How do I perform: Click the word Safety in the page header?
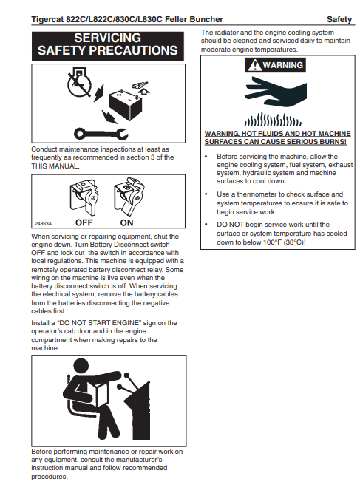(339, 19)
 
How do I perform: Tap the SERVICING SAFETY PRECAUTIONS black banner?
(107, 46)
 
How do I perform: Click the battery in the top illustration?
(125, 105)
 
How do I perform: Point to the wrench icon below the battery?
(101, 134)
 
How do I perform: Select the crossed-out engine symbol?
(80, 82)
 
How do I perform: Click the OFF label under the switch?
(84, 222)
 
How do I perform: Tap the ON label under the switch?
(126, 222)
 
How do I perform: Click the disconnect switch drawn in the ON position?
(129, 195)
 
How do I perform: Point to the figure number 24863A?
(44, 224)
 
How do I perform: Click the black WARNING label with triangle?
(275, 65)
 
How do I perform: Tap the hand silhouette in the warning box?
(276, 91)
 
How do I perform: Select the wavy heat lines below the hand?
(273, 119)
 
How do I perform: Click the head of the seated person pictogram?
(81, 367)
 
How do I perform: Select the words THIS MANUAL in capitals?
(55, 166)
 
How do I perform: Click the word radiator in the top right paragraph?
(225, 33)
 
